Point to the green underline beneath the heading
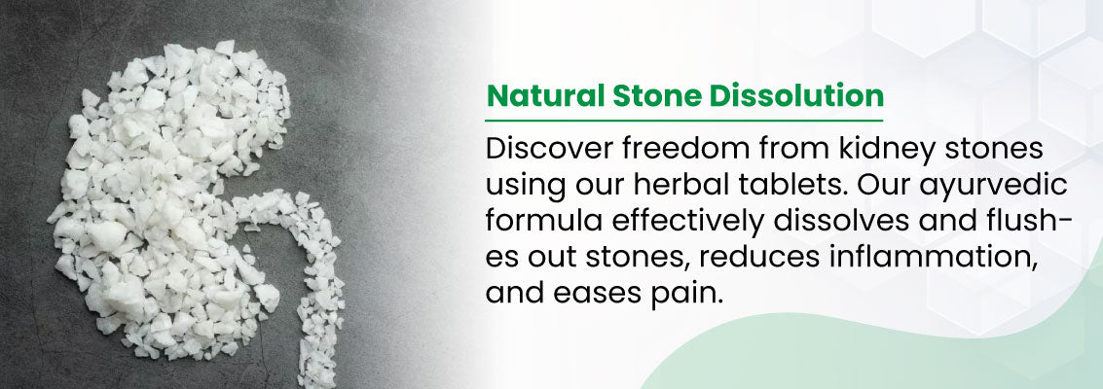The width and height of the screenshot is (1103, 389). (x=683, y=121)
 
